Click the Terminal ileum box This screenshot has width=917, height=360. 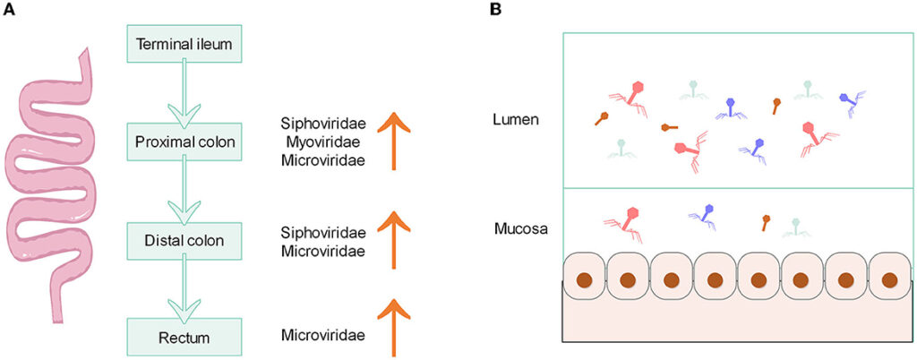coord(184,42)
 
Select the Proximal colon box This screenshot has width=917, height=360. coord(184,141)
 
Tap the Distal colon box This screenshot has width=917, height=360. coord(184,240)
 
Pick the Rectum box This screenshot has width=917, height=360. coord(184,338)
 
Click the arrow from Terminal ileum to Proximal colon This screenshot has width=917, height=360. coord(184,94)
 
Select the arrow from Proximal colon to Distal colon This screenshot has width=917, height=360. coord(184,193)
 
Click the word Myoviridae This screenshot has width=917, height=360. coord(322,141)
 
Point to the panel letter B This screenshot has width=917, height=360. coord(495,10)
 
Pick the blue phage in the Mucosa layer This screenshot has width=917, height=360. coord(706,214)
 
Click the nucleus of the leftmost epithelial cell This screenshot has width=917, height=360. coord(584,279)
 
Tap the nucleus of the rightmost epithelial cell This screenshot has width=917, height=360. coord(889,279)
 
